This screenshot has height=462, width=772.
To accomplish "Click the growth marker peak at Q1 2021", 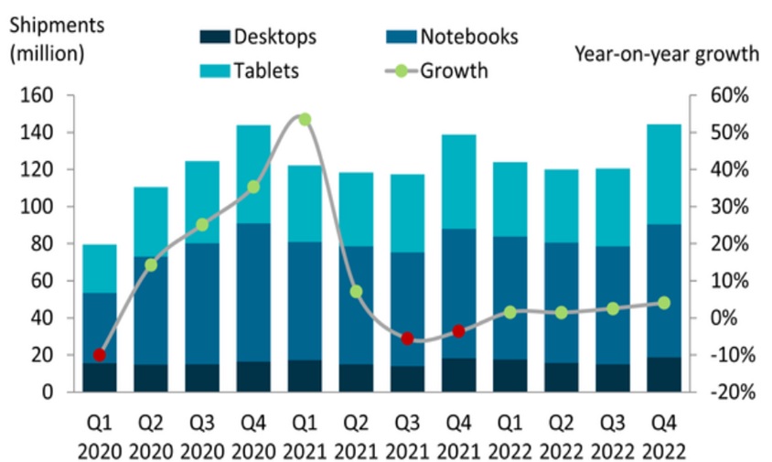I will [305, 119].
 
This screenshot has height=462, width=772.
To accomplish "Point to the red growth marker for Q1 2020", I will [100, 355].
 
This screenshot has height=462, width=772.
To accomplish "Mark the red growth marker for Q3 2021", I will [407, 338].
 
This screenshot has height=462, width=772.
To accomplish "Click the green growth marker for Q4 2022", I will [664, 303].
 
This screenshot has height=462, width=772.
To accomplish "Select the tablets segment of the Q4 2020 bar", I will [253, 174].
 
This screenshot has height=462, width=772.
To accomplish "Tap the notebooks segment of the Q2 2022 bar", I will [561, 302].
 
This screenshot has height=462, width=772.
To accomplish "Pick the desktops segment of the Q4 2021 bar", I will [458, 375].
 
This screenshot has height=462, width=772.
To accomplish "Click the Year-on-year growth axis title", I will [667, 53].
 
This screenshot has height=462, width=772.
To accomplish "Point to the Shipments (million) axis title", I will [48, 38].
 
